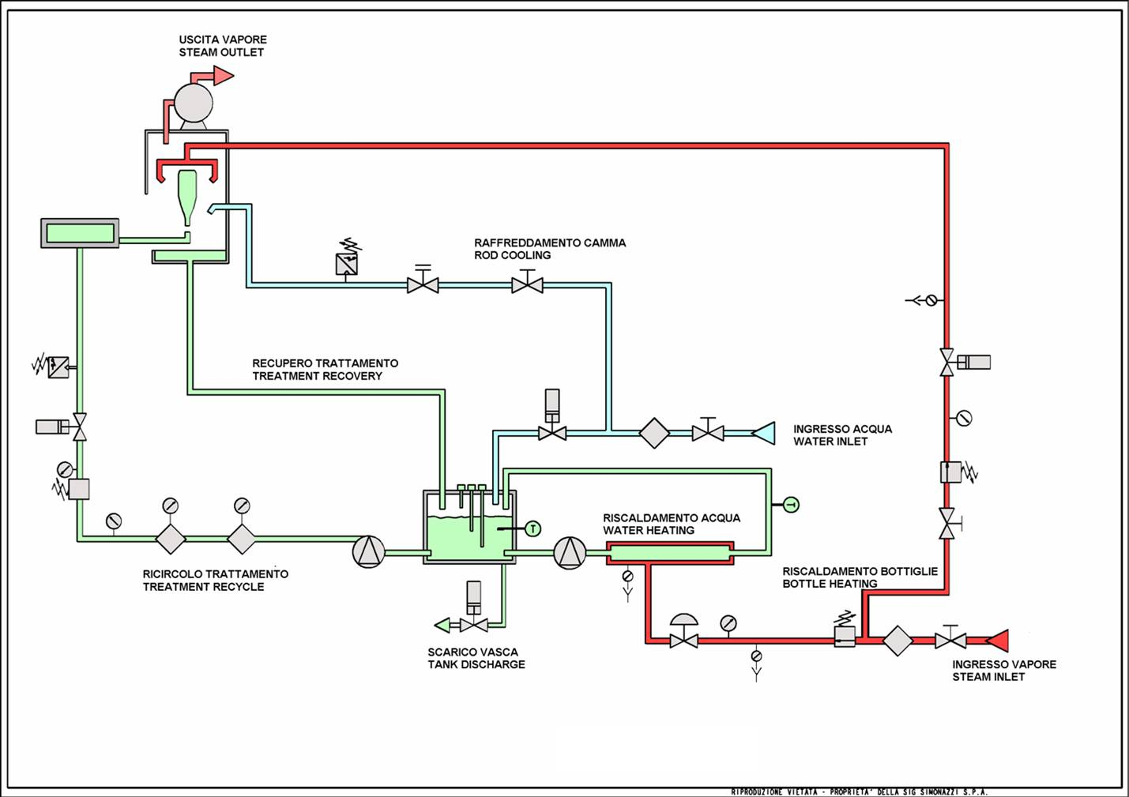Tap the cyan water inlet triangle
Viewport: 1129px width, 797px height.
[765, 433]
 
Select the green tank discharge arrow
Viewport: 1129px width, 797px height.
[442, 626]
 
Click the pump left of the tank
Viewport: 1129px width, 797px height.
[368, 551]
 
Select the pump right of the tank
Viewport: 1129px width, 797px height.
[570, 553]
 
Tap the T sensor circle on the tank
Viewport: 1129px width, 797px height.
[533, 528]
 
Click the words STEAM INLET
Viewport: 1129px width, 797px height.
[988, 677]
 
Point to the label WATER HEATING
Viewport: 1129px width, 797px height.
[649, 531]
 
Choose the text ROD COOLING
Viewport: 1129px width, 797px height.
[512, 255]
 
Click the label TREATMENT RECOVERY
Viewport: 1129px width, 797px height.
[317, 376]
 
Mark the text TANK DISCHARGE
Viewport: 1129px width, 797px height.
[476, 664]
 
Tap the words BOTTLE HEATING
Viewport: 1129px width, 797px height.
[830, 584]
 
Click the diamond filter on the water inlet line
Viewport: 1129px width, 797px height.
[654, 433]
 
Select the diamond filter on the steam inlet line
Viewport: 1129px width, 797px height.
[898, 640]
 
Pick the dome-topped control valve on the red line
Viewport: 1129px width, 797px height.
[683, 631]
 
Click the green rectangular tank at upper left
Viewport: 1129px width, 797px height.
[80, 233]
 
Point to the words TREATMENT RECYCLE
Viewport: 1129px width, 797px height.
[203, 587]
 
